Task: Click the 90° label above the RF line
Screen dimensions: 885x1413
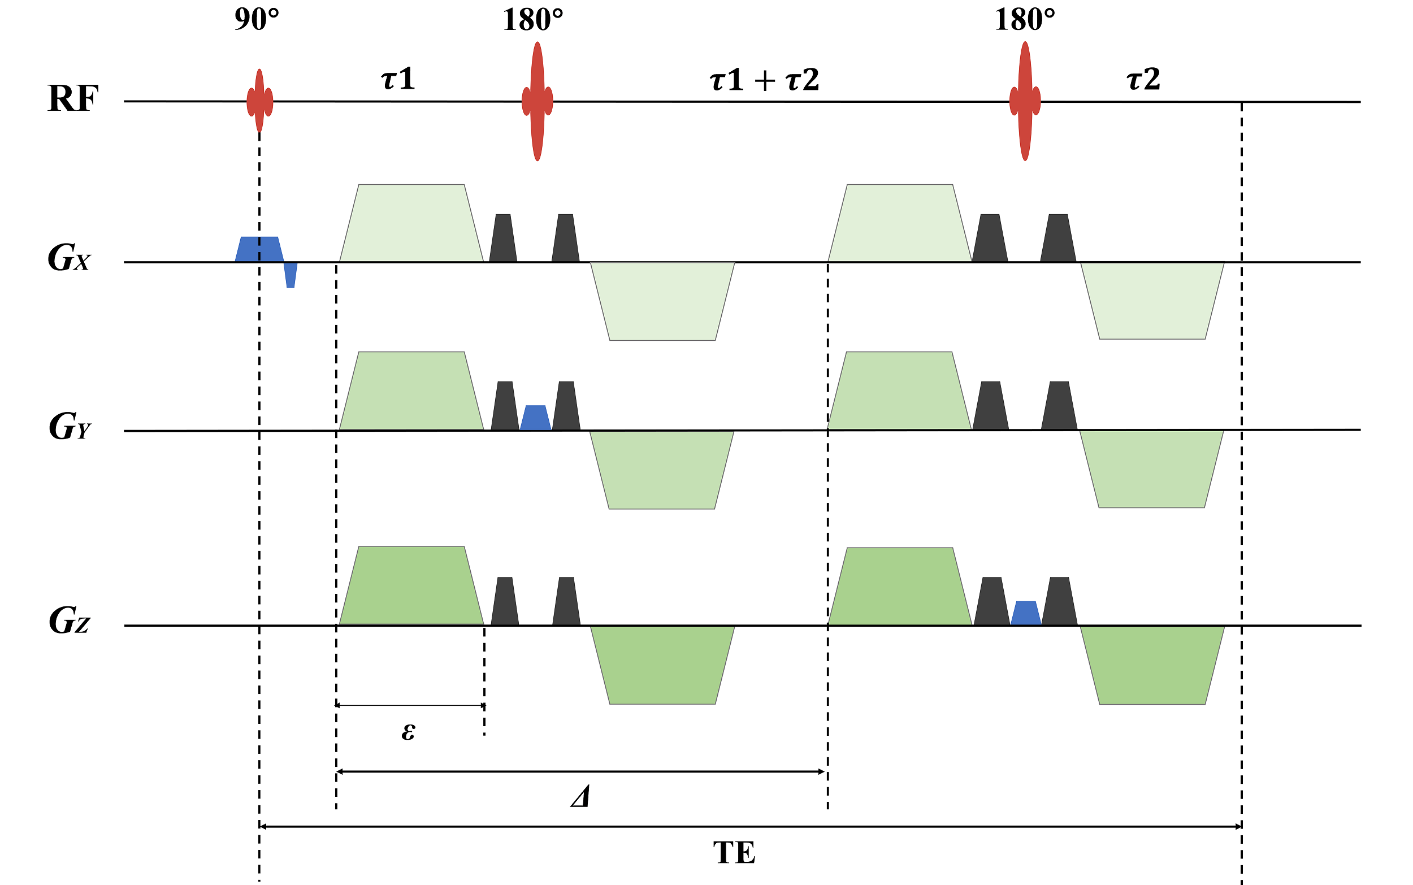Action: coord(257,20)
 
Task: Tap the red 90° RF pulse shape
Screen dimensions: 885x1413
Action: coord(259,101)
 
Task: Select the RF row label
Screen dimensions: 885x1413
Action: coord(72,98)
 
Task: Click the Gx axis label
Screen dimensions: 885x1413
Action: coord(69,258)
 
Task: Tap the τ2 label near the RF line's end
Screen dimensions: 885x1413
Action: coord(1143,79)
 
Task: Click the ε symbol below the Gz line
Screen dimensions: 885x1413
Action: coord(408,731)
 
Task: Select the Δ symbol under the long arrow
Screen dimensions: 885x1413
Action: coord(580,797)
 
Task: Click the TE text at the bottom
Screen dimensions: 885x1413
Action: coord(734,853)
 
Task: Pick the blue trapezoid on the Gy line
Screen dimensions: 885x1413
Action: coord(535,418)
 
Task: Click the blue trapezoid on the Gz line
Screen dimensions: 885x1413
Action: coord(1025,613)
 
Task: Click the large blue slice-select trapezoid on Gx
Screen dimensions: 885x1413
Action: coord(259,249)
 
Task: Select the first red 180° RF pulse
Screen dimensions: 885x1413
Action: coord(537,101)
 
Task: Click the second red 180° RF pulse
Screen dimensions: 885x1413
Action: coord(1024,101)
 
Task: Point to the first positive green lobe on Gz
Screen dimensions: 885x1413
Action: coord(411,586)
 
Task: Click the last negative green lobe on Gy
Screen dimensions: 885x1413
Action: coord(1151,469)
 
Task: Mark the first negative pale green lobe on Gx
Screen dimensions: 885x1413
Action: coord(662,301)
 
